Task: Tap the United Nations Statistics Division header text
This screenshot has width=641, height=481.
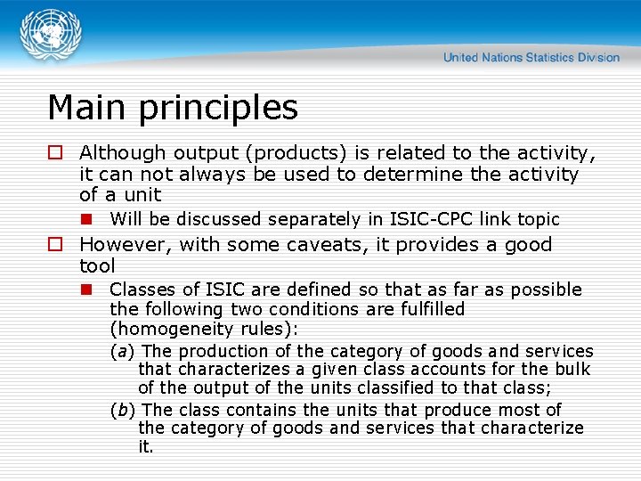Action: pyautogui.click(x=531, y=57)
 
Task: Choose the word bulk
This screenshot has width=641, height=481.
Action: pyautogui.click(x=572, y=369)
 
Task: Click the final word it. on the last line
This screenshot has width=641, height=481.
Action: pyautogui.click(x=146, y=447)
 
